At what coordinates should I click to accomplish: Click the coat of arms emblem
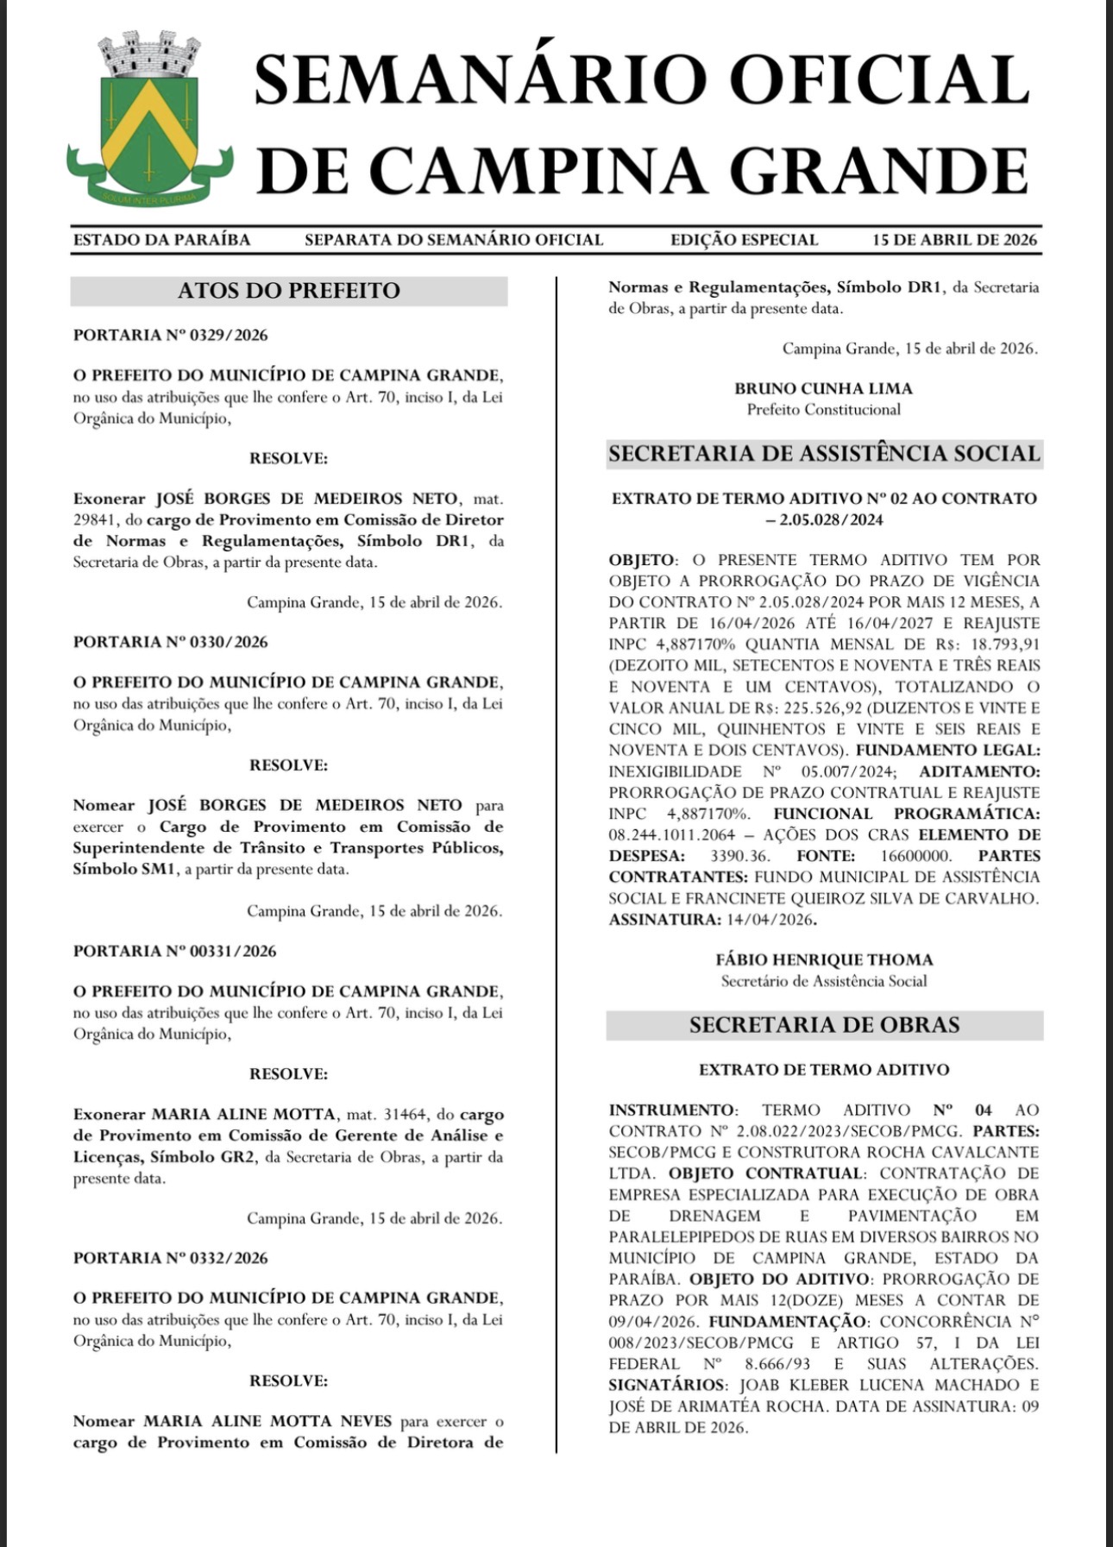tap(149, 125)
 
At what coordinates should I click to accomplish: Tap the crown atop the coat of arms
tap(149, 53)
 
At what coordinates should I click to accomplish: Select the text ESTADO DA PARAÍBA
tap(161, 240)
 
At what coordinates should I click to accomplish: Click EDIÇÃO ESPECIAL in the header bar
tap(744, 240)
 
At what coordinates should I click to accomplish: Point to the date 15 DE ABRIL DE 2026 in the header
tap(954, 240)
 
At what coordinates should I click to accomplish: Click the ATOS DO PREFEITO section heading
tap(288, 291)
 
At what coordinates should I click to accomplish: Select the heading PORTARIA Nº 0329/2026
tap(171, 335)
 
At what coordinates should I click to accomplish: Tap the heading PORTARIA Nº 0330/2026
tap(171, 642)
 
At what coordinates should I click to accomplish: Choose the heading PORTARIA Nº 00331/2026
tap(175, 951)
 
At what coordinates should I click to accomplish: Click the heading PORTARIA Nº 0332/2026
tap(171, 1258)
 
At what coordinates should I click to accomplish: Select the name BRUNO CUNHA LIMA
tap(823, 388)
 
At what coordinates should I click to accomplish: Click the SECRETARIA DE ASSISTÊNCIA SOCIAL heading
tap(824, 454)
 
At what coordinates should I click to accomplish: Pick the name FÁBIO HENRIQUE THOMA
tap(824, 959)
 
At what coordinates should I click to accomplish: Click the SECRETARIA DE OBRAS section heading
tap(824, 1025)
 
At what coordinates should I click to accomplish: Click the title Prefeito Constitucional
tap(823, 410)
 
